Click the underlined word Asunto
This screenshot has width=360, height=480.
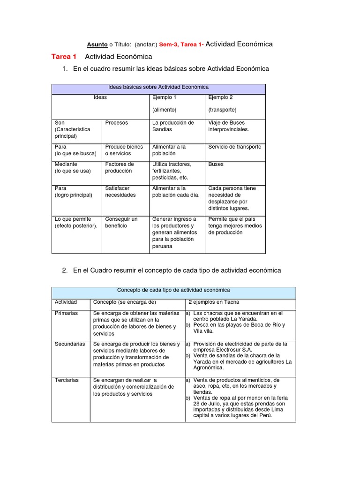coord(97,45)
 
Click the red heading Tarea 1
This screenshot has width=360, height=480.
coord(64,57)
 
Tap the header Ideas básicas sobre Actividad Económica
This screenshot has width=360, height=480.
coord(158,87)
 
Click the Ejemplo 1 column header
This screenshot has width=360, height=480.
coord(164,97)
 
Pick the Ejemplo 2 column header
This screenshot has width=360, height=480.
coord(220,97)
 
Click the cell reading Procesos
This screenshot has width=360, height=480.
coord(116,123)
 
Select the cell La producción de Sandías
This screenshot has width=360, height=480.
coord(172,126)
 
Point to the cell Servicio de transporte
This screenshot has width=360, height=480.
coord(234,147)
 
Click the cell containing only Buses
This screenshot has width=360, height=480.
coord(216,165)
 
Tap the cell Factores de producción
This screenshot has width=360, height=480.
coord(119,168)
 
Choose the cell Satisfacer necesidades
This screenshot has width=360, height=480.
coord(120,192)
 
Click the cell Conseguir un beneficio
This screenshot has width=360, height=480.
coord(121,222)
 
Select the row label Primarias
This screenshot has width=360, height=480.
coord(66,313)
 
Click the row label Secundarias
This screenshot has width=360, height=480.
coord(70,344)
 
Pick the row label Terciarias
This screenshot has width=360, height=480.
coord(67,380)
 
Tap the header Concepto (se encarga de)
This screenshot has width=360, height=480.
coord(124,302)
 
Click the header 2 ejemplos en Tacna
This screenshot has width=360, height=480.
coord(214,302)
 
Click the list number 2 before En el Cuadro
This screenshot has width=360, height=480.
coord(65,270)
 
